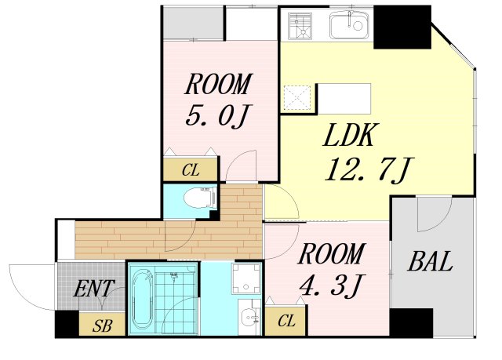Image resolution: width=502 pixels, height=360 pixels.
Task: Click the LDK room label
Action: [x=348, y=136]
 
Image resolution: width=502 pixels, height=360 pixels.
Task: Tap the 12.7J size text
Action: [x=369, y=169]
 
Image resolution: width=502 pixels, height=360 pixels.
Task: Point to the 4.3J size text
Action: [x=331, y=285]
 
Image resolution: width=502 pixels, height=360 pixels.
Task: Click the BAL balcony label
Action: [x=430, y=261]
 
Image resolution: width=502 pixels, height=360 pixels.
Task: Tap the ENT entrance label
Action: [x=94, y=289]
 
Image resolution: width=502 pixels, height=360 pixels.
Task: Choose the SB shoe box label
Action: [x=102, y=326]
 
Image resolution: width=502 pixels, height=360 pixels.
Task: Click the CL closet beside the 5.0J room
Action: [x=191, y=170]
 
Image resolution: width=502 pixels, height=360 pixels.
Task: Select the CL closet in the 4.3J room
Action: [x=286, y=321]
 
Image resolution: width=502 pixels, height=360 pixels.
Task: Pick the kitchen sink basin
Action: [x=350, y=25]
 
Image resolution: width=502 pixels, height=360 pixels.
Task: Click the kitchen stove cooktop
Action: [x=300, y=26]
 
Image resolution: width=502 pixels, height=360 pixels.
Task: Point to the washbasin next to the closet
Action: [x=249, y=318]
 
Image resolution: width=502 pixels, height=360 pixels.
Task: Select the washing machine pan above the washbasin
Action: [x=246, y=278]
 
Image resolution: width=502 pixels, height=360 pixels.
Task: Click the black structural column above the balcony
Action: [x=402, y=27]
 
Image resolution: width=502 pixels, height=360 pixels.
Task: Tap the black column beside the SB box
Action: [x=67, y=324]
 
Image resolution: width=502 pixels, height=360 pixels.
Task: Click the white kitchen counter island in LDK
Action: [x=344, y=99]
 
